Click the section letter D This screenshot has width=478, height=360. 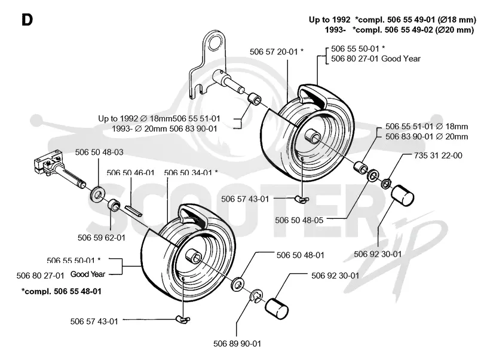click(x=27, y=20)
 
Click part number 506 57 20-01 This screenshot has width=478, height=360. click(x=274, y=52)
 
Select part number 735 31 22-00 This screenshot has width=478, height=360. click(x=438, y=155)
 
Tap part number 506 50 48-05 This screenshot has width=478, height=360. click(x=299, y=220)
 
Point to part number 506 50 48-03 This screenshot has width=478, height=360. click(x=99, y=152)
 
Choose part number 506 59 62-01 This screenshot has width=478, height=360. click(x=102, y=237)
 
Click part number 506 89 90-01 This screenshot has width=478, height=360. click(x=237, y=344)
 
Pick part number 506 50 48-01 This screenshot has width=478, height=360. click(x=301, y=255)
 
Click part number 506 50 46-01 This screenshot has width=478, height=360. click(x=130, y=173)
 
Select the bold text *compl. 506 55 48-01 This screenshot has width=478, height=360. click(x=62, y=291)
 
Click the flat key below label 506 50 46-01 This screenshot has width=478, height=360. click(x=133, y=211)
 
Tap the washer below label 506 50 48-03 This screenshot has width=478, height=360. click(x=96, y=194)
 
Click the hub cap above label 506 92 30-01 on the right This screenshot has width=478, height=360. click(x=402, y=196)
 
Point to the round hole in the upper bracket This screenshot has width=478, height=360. click(x=216, y=41)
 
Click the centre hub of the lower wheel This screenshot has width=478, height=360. click(x=192, y=257)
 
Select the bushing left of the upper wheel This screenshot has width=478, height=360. click(x=254, y=99)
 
